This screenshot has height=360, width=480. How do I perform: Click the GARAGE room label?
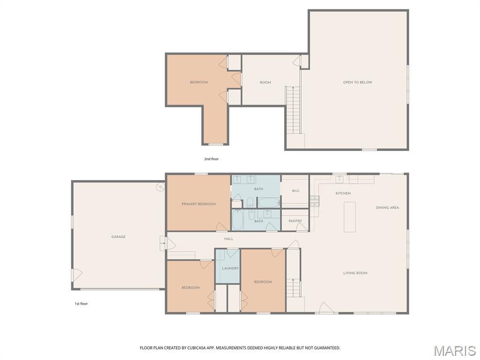click(118, 237)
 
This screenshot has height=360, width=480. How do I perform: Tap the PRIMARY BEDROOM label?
click(199, 204)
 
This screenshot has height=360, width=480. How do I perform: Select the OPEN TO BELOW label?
click(357, 82)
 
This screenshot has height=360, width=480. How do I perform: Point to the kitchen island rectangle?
click(350, 217)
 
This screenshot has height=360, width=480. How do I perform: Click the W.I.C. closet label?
click(295, 191)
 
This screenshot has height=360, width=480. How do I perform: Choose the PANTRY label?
click(295, 221)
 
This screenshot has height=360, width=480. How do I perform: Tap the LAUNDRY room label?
click(230, 268)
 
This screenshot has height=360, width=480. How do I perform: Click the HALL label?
click(229, 239)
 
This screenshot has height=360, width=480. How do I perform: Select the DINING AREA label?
click(387, 208)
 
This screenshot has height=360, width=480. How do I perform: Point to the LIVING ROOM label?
click(355, 273)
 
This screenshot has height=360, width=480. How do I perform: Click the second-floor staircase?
click(293, 110)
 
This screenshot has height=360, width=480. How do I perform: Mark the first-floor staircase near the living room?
click(293, 287)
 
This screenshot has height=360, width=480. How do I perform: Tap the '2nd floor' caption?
click(211, 159)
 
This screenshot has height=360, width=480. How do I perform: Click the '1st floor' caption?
click(81, 304)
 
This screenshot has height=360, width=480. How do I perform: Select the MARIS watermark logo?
click(454, 351)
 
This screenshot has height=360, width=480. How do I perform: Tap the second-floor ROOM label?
click(265, 82)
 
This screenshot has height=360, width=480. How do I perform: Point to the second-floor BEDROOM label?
click(199, 82)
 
